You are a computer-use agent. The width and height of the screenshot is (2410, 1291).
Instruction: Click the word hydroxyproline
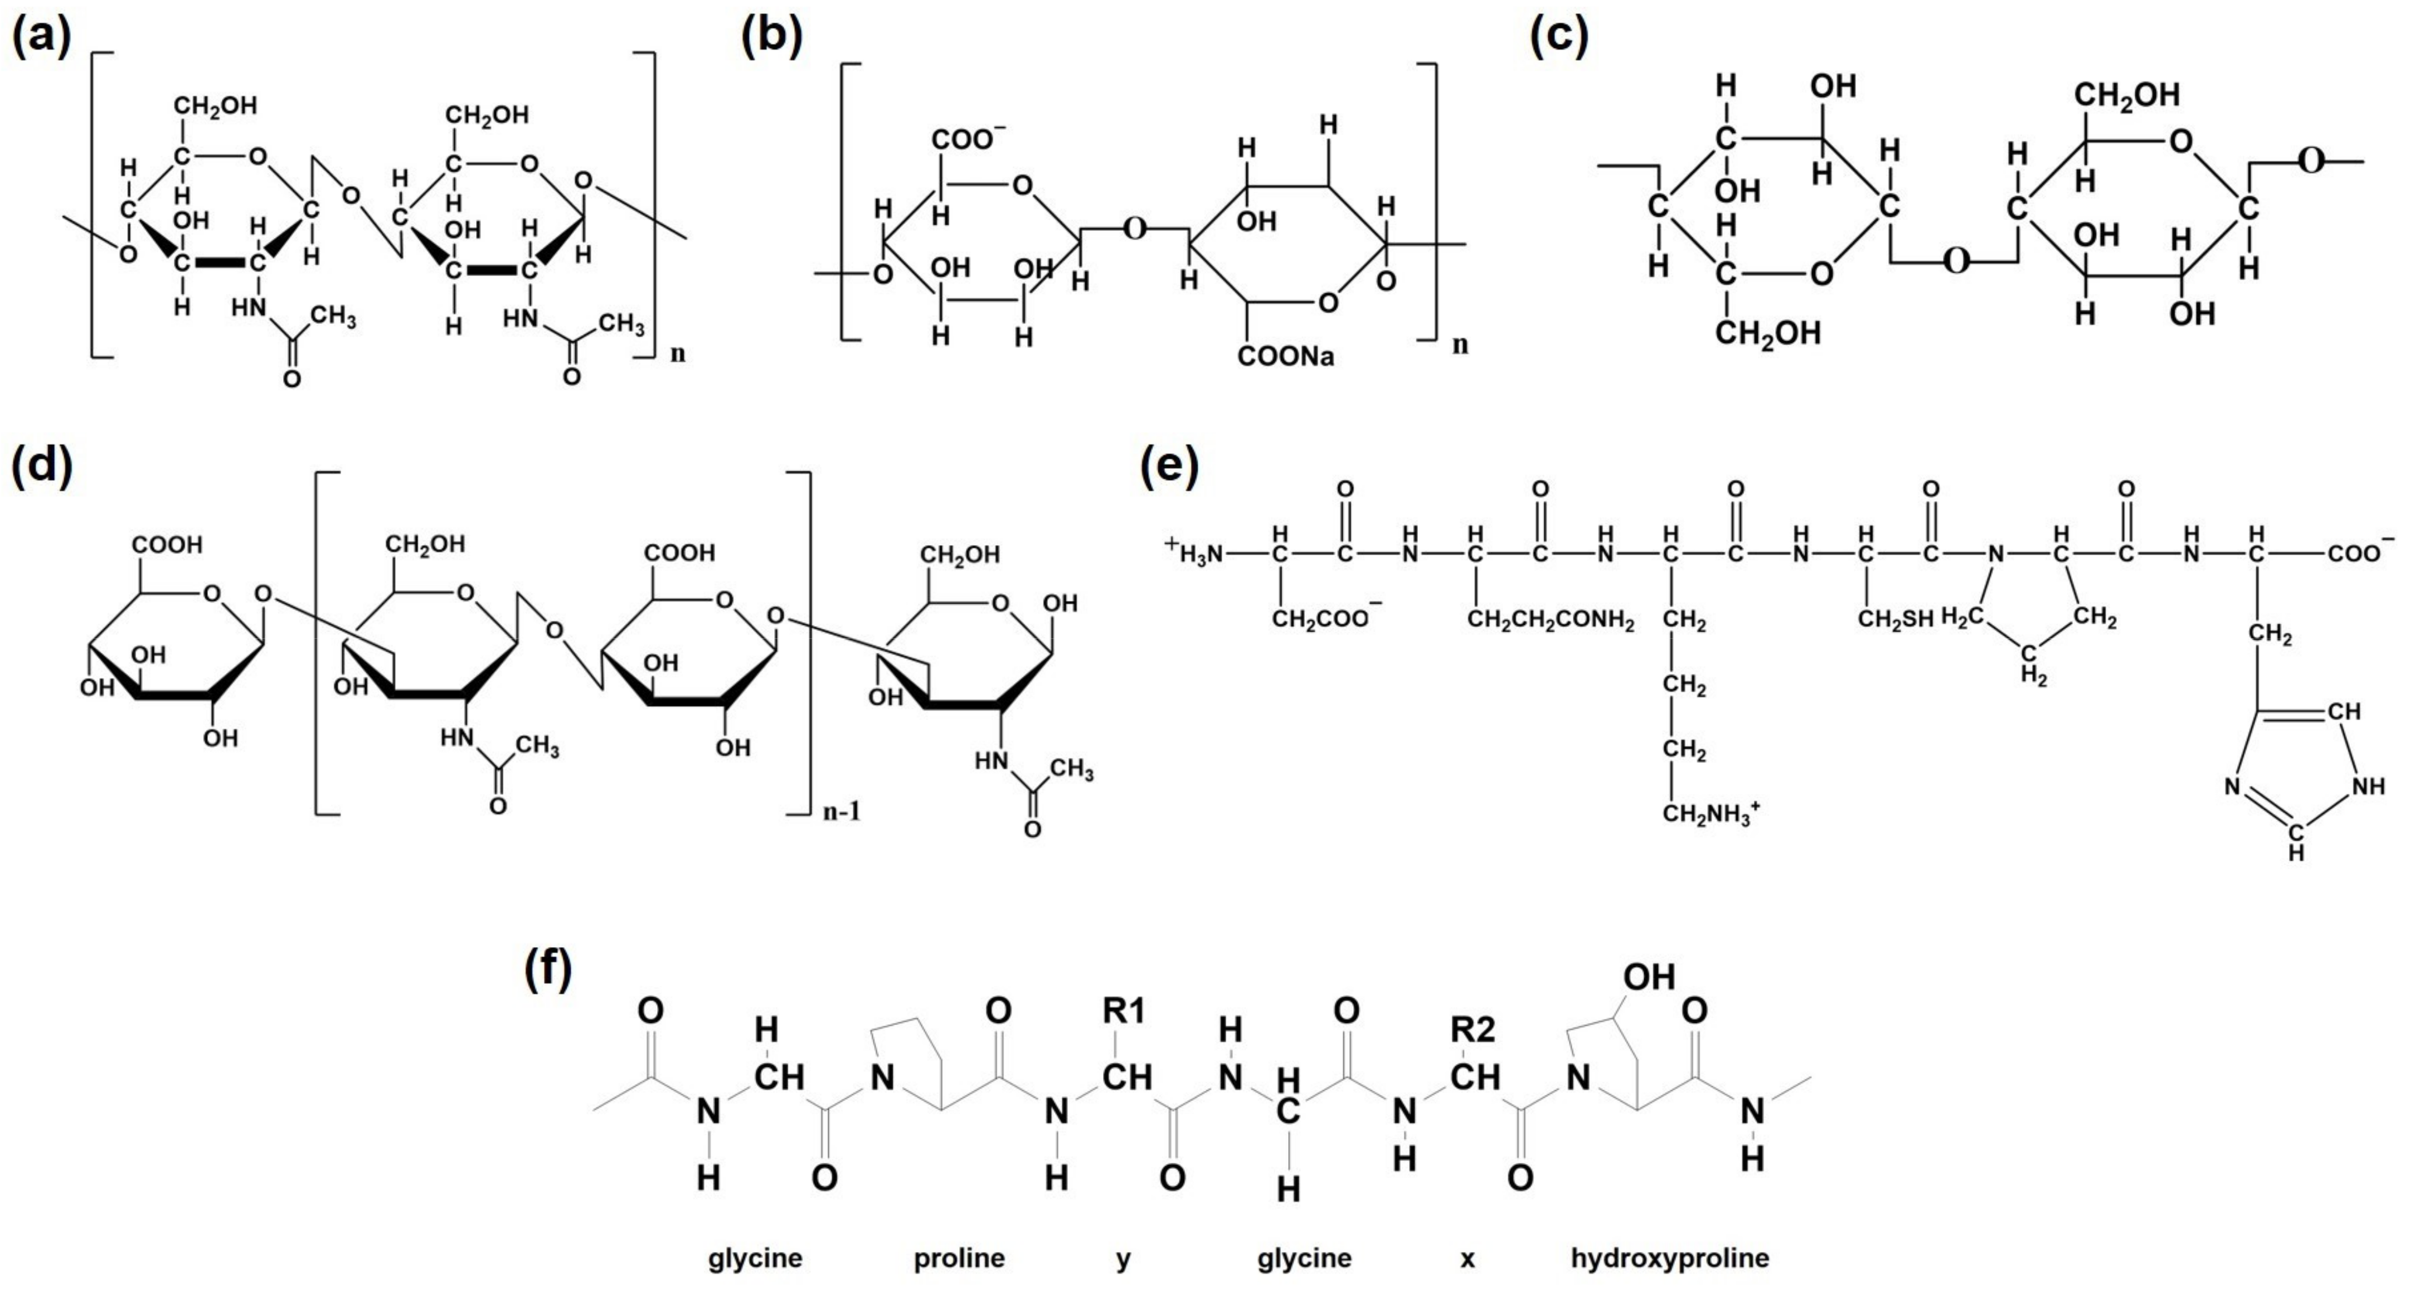[1670, 1258]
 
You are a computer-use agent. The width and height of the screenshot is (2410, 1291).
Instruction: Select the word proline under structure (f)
[959, 1258]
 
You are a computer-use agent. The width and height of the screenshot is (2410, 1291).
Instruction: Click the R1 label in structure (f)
[1123, 1011]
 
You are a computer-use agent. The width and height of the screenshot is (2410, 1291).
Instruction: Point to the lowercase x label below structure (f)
[1467, 1259]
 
